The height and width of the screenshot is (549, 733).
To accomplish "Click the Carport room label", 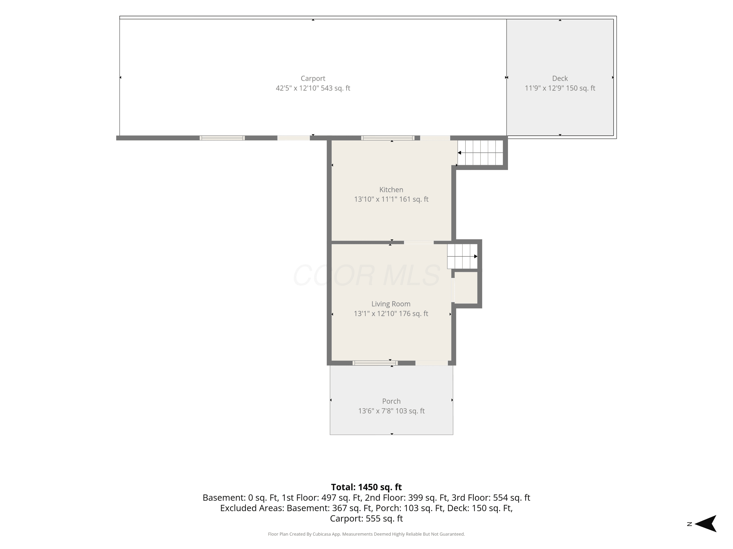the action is pos(313,78).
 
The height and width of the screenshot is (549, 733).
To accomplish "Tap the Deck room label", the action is pos(560,78).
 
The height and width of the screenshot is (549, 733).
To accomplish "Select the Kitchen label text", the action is pos(391,190).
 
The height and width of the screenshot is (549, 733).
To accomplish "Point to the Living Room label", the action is pos(391,304).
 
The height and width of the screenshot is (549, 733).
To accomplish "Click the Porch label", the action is pos(391,401).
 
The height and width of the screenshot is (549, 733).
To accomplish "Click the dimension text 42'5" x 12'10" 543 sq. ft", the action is pos(313,88).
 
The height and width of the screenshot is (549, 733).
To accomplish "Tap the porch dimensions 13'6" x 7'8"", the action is pos(376,411).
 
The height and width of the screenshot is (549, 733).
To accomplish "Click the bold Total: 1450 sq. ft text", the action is pos(366,487).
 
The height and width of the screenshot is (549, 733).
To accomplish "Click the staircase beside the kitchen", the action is pos(480,152).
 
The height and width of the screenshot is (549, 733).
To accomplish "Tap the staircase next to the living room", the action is pos(462,256).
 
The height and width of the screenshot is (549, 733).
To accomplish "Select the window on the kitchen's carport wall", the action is pos(388,138).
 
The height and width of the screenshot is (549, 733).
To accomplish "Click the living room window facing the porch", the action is pos(375,363).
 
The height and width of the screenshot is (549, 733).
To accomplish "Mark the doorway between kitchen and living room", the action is pos(419,243).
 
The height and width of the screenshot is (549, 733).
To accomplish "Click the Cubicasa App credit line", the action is pos(366,534).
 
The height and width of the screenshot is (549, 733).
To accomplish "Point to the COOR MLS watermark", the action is pos(366,275).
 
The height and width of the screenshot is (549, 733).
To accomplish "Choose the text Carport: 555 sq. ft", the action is pos(366,518).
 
